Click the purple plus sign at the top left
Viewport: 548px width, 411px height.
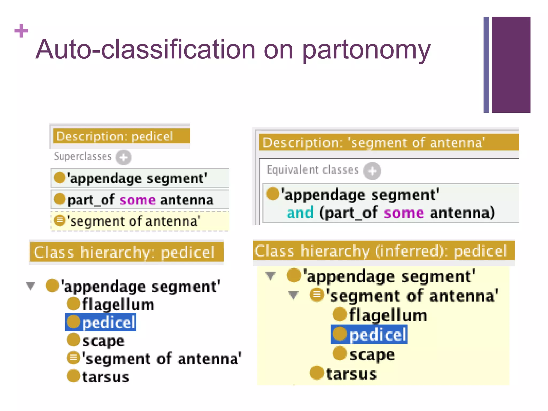pyautogui.click(x=21, y=31)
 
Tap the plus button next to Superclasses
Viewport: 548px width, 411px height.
pyautogui.click(x=123, y=157)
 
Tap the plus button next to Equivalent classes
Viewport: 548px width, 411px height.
pyautogui.click(x=372, y=171)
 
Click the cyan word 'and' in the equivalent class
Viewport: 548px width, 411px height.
pyautogui.click(x=300, y=213)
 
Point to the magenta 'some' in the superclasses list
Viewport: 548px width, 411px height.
pyautogui.click(x=137, y=200)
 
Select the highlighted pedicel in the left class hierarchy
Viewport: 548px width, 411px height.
pyautogui.click(x=101, y=322)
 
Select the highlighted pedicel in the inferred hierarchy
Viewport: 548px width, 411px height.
pyautogui.click(x=369, y=334)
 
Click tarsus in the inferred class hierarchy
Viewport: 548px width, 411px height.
pyautogui.click(x=351, y=374)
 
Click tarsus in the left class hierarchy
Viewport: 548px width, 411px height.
pyautogui.click(x=105, y=377)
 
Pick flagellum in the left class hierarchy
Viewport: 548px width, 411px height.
pyautogui.click(x=118, y=305)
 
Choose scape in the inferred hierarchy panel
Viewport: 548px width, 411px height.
pyautogui.click(x=371, y=355)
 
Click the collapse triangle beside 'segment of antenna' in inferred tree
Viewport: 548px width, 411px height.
pyautogui.click(x=294, y=295)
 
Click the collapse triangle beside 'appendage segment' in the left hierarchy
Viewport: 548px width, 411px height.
pyautogui.click(x=31, y=286)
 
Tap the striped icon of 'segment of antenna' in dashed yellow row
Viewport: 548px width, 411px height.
pyautogui.click(x=60, y=220)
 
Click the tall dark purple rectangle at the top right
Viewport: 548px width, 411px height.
pyautogui.click(x=511, y=64)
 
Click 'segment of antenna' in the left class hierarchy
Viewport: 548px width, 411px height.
pyautogui.click(x=161, y=359)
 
